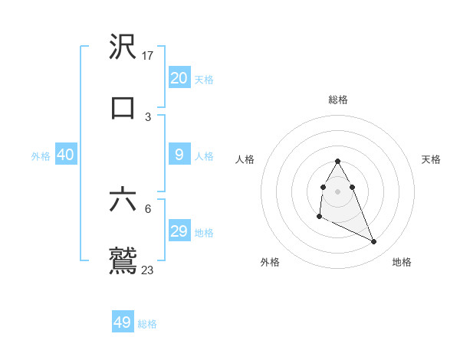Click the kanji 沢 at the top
(x=123, y=47)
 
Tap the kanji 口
(x=123, y=107)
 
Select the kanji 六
(x=123, y=200)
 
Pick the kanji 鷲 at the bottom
(x=123, y=260)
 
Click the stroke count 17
(x=149, y=56)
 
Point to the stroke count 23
(x=148, y=270)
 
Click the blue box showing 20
(x=179, y=78)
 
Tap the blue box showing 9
(x=179, y=155)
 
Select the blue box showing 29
(x=179, y=231)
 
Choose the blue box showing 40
(x=66, y=155)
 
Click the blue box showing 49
(x=123, y=322)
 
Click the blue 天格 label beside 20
(x=204, y=80)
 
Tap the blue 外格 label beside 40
(x=41, y=156)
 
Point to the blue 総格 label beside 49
(x=147, y=324)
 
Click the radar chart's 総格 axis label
(x=338, y=100)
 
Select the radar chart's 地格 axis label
(x=402, y=263)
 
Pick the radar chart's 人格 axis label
(x=245, y=159)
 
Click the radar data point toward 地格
(x=374, y=242)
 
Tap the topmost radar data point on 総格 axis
(x=338, y=161)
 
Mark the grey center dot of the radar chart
(x=338, y=191)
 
